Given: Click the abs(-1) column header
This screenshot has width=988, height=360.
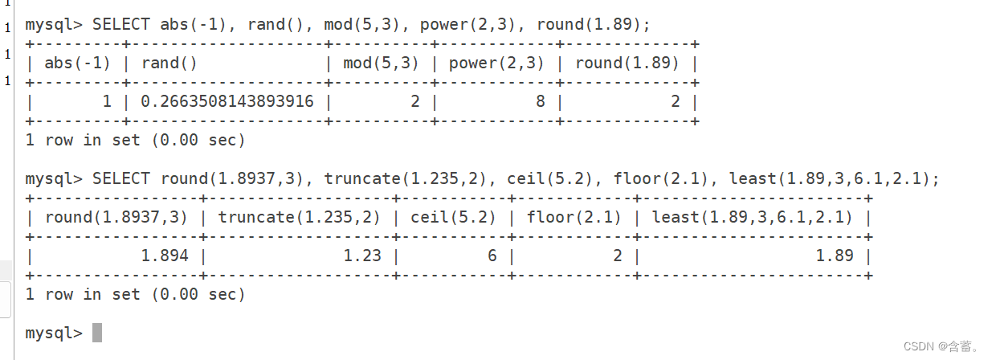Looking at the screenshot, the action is (77, 63).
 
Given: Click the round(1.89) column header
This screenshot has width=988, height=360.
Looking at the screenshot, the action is (627, 63).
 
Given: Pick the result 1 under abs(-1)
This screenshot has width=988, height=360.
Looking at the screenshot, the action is (106, 102).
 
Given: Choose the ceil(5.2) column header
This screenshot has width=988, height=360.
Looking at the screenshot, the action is (453, 217).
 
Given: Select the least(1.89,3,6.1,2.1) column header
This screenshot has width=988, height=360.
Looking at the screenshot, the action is (753, 217).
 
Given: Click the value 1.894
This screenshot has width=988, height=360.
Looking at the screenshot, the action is (165, 256).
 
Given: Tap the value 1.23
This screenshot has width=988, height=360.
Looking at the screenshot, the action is (362, 256).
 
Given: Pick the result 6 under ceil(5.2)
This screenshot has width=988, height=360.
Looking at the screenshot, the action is (492, 256).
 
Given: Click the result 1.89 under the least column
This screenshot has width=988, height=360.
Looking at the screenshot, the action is (835, 256).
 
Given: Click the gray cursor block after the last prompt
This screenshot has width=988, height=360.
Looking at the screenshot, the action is (97, 332).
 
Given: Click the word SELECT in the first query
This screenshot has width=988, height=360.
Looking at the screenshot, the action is (120, 25).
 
